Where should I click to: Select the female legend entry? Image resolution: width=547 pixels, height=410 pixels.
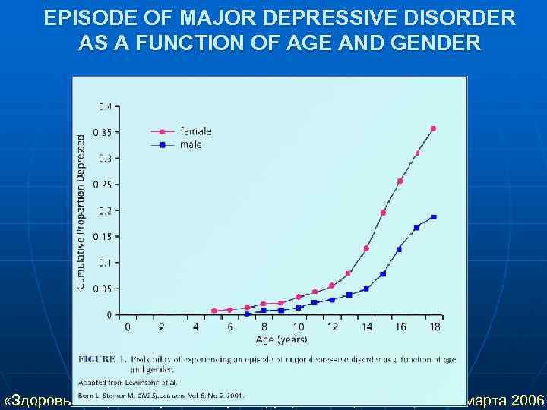pos(195,131)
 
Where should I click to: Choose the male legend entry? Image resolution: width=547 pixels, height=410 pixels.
pos(191,144)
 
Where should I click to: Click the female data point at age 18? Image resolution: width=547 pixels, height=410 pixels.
pos(433,128)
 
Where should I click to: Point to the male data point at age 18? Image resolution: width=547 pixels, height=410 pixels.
pos(433,217)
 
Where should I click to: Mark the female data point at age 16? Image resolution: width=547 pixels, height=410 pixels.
pos(400,181)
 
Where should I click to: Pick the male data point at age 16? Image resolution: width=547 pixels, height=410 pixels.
pos(400,248)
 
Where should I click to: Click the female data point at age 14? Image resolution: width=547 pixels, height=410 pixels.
pos(366,248)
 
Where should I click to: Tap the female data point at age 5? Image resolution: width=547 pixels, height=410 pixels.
pos(214,311)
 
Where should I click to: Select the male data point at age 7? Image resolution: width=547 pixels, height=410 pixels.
pos(247,314)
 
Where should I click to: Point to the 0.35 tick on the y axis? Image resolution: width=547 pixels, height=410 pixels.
pos(100,132)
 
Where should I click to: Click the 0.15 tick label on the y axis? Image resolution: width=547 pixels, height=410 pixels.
pos(100,236)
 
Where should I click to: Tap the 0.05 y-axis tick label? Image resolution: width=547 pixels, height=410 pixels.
pos(100,289)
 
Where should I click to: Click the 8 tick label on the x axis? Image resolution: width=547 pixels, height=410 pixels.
pos(264,326)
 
